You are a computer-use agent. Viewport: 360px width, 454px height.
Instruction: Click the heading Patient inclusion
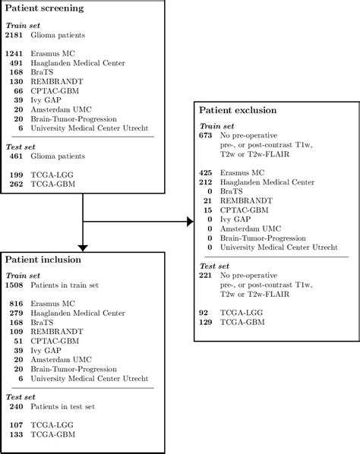(46, 260)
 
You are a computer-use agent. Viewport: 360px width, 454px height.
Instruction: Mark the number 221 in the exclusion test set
(207, 276)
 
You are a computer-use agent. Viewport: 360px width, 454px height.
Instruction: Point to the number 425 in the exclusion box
(207, 173)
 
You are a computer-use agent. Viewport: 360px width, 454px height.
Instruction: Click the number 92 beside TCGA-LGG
(204, 312)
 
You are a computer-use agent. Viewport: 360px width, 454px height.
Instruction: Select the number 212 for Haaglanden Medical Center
(207, 182)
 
